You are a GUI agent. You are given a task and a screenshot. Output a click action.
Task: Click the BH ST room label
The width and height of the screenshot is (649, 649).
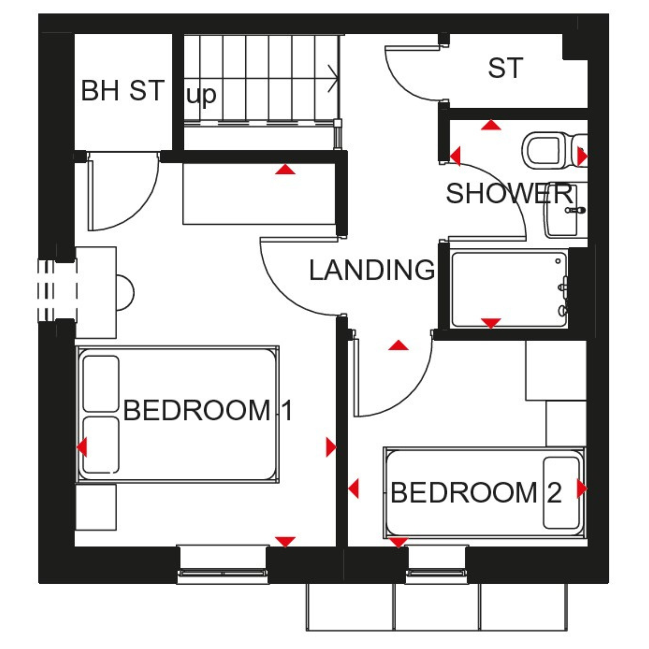tap(122, 90)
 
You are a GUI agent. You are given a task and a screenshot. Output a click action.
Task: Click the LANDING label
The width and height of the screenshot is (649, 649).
tap(372, 270)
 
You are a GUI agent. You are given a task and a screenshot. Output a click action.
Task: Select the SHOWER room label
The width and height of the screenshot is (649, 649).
tap(510, 193)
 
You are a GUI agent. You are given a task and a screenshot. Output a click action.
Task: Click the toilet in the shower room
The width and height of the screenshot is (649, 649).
tap(554, 151)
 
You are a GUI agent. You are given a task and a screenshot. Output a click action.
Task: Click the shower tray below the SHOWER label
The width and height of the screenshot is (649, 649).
tap(509, 289)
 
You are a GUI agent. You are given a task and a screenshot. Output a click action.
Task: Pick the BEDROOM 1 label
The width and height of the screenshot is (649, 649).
tap(208, 410)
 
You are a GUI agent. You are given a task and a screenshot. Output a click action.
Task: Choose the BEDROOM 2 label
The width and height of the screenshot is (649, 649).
tap(476, 493)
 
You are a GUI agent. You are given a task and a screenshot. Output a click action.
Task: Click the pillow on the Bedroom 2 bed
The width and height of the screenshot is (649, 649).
tap(561, 493)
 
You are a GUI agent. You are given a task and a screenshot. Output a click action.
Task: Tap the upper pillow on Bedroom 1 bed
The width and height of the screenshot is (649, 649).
tap(101, 384)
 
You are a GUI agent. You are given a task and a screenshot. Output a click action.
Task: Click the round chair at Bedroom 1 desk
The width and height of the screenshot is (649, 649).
tap(125, 293)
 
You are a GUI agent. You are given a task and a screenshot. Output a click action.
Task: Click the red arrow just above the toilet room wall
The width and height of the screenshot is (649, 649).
tap(491, 125)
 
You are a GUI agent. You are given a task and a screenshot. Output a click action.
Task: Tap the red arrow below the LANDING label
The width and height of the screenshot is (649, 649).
tap(398, 345)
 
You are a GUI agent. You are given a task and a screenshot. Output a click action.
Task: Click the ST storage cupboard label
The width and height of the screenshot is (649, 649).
tap(505, 68)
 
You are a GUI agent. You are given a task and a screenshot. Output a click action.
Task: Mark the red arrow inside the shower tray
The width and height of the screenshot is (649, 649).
tap(491, 323)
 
